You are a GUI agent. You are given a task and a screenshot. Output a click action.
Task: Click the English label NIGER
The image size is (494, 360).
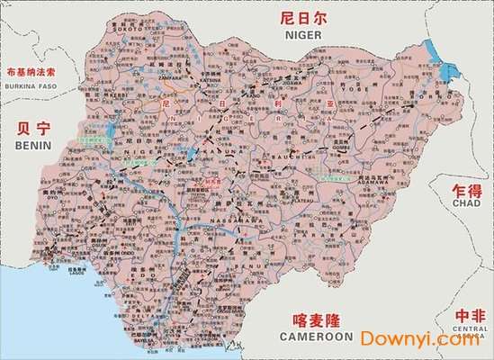tap(303, 34)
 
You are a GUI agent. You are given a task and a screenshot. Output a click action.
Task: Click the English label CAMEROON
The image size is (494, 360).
tap(317, 336)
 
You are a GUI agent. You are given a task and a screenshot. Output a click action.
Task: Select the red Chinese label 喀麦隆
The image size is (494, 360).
tap(317, 319)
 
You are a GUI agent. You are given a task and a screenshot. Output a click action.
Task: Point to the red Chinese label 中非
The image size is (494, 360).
tap(468, 316)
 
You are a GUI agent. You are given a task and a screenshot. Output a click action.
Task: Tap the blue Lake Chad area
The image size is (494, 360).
tap(442, 64)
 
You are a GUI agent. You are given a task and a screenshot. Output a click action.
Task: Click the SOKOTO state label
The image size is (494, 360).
tap(127, 28)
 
